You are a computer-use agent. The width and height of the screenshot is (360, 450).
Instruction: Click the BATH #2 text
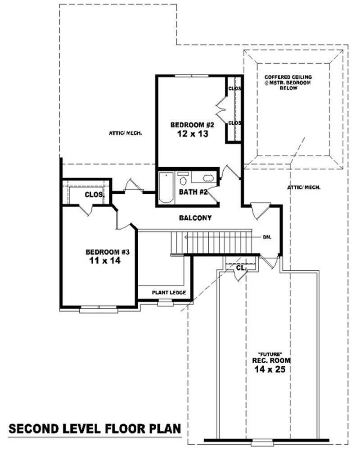[x=193, y=192]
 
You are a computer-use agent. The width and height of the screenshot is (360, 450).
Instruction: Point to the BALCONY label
[x=195, y=218]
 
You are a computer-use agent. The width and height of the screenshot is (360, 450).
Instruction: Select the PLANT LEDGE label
[x=166, y=293]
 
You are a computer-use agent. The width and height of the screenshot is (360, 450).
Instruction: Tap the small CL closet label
[x=240, y=268]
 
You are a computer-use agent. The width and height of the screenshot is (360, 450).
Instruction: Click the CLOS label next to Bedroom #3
[x=94, y=195]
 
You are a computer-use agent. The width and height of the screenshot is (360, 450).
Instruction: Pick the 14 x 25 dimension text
[x=271, y=369]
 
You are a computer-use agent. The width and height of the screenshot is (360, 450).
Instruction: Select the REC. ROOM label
[x=271, y=361]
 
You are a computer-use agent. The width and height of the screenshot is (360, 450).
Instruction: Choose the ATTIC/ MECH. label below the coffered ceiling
[x=303, y=187]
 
